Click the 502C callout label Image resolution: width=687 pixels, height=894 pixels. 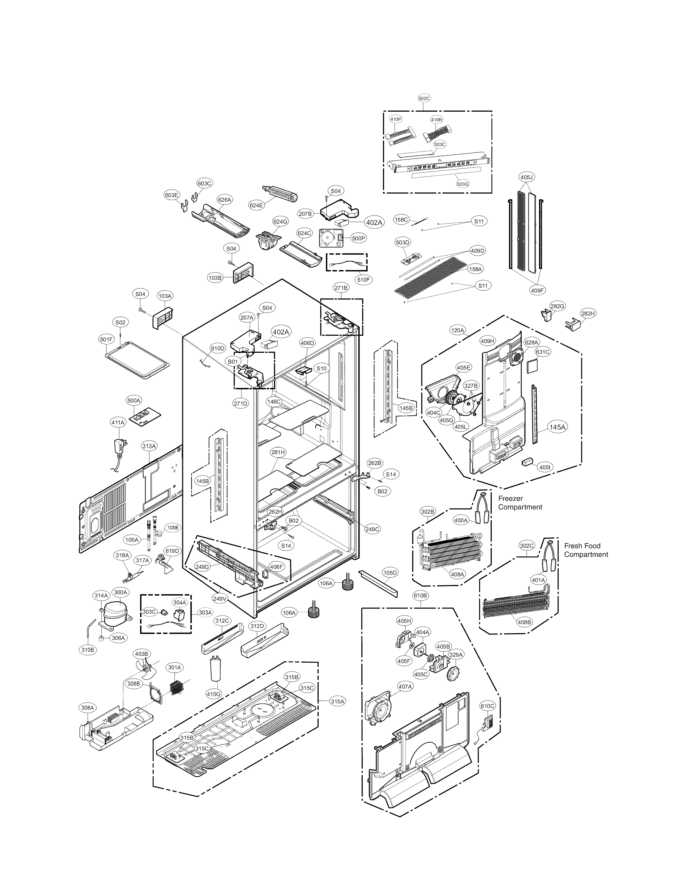[424, 98]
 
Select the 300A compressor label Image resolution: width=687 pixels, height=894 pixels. [120, 592]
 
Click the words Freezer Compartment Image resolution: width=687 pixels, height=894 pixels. [520, 503]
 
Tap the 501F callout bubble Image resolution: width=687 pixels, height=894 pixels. [106, 339]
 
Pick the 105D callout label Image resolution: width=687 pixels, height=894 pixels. [390, 573]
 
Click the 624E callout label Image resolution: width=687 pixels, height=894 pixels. [256, 206]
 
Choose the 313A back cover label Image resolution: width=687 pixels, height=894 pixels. [149, 446]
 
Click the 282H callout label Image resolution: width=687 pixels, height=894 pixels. [588, 314]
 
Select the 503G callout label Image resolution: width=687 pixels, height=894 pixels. [463, 184]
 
